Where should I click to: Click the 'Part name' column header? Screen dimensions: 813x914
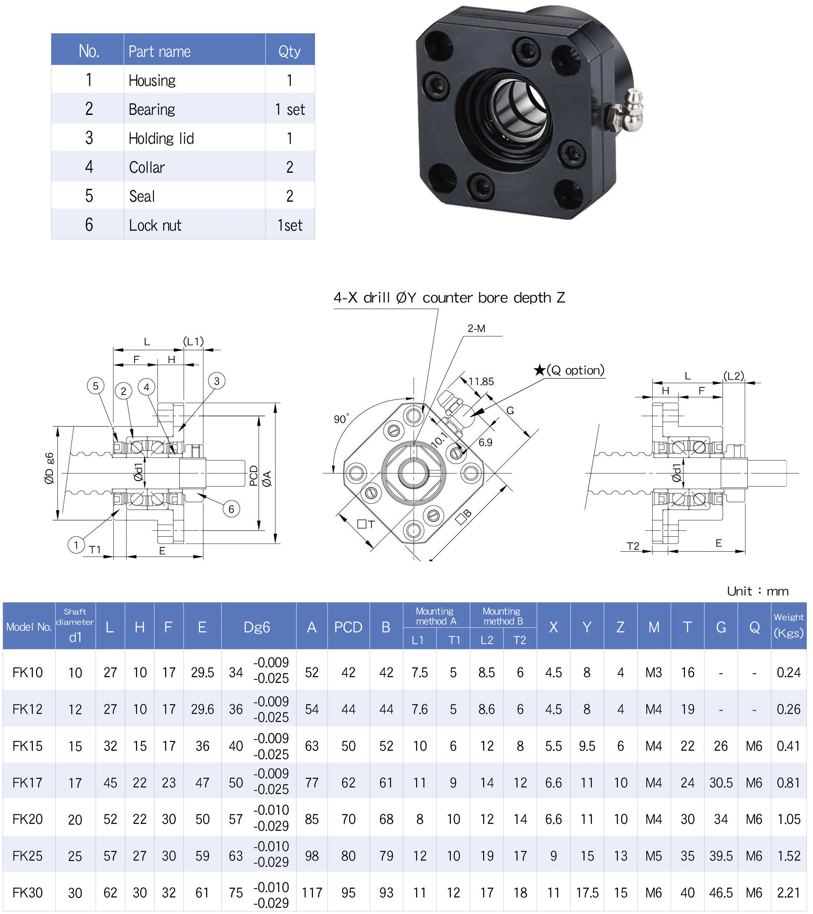pyautogui.click(x=160, y=51)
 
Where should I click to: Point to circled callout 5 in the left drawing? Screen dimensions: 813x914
pyautogui.click(x=96, y=386)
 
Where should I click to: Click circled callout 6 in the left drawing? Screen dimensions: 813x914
pyautogui.click(x=231, y=509)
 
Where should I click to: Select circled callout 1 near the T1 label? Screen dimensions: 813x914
pyautogui.click(x=76, y=545)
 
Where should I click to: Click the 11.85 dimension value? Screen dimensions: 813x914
pyautogui.click(x=481, y=382)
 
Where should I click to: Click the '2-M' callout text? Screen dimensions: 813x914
pyautogui.click(x=477, y=329)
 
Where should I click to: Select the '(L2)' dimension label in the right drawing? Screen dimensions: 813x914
pyautogui.click(x=734, y=376)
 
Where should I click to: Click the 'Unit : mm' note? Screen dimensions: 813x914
pyautogui.click(x=758, y=591)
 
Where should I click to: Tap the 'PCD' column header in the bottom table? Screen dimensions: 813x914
pyautogui.click(x=348, y=627)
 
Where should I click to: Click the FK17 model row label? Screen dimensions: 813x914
pyautogui.click(x=27, y=783)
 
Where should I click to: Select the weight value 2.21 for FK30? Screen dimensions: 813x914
pyautogui.click(x=789, y=893)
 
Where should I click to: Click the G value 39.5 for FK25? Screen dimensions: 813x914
pyautogui.click(x=721, y=856)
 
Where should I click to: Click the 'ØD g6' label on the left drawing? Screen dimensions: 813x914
pyautogui.click(x=49, y=468)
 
